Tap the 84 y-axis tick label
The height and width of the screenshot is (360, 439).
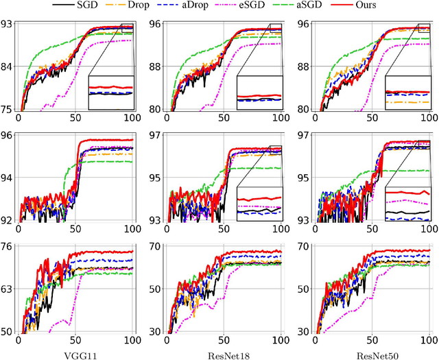pos(8,67)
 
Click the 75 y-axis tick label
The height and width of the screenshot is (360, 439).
pos(8,109)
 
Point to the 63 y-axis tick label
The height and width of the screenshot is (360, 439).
pos(8,289)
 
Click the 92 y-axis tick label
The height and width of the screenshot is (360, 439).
pos(8,220)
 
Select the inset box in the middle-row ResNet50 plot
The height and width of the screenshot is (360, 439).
pos(408,204)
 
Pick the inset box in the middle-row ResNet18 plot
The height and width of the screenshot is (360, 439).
pos(259,204)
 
